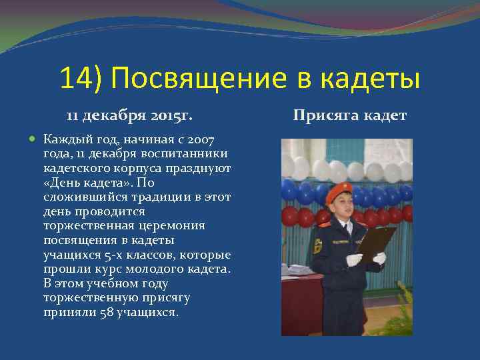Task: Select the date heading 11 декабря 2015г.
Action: [x=129, y=116]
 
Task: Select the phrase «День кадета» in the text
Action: [x=83, y=183]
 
